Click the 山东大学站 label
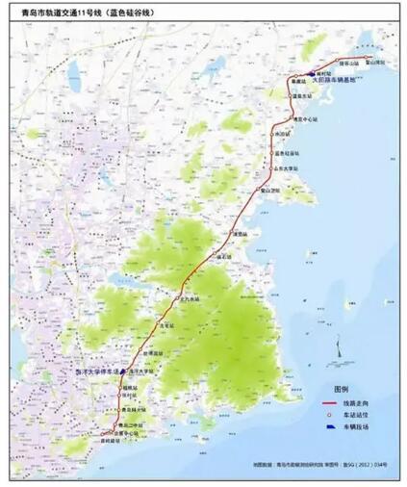point(288,167)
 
